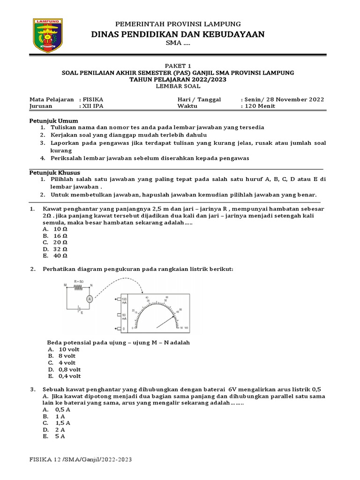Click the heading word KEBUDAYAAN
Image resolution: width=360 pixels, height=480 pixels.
tap(229, 34)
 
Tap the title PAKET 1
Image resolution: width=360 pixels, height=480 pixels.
tap(178, 66)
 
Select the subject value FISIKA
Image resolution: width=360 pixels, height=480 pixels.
tap(93, 100)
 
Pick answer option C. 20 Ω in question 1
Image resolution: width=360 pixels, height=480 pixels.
tap(55, 242)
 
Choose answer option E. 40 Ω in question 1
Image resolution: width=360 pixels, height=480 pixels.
tap(55, 256)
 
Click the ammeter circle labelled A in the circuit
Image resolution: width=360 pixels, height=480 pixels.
tap(89, 298)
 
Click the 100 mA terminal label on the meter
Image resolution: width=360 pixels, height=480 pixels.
tap(124, 301)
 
